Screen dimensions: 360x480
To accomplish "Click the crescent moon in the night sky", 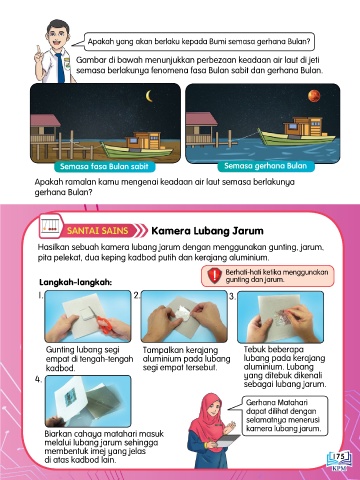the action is click(x=148, y=96).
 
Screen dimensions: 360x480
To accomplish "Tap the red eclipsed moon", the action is click(x=314, y=96).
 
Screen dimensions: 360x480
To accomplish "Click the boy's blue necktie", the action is click(x=60, y=68).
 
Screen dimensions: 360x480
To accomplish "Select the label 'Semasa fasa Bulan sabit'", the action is click(x=104, y=166).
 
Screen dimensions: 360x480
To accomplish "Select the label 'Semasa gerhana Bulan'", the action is click(x=265, y=166).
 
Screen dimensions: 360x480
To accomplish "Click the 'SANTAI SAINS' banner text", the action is click(x=97, y=231).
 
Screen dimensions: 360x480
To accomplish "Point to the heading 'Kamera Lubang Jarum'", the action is click(x=207, y=230).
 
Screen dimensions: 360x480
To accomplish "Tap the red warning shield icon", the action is click(x=215, y=275).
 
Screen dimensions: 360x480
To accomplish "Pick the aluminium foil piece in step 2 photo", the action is click(x=181, y=314).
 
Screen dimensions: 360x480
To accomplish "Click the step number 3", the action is click(x=232, y=296).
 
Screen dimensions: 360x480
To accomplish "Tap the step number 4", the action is click(x=38, y=379).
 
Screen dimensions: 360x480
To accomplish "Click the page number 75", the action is click(x=340, y=456).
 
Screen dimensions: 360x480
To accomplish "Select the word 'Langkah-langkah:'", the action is click(x=76, y=282).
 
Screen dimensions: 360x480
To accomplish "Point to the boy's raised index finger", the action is click(x=38, y=50).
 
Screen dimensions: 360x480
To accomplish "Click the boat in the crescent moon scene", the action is click(x=137, y=146).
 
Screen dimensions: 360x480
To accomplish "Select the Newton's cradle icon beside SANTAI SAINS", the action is click(x=51, y=225).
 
